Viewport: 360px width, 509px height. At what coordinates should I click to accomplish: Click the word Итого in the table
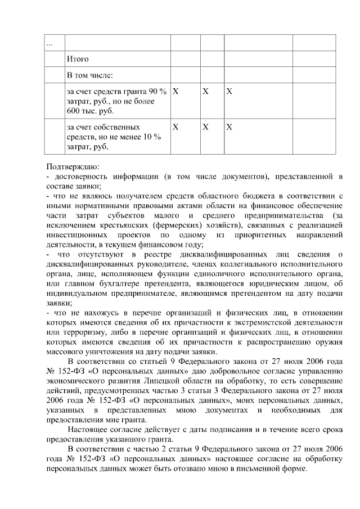[x=78, y=58]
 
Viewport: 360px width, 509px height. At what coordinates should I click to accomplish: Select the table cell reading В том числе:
[x=89, y=75]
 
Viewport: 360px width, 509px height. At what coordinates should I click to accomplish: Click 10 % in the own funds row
[x=152, y=137]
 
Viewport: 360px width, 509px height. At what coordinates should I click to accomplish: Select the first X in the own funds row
[x=175, y=127]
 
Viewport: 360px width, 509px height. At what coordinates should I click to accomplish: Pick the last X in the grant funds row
[x=229, y=91]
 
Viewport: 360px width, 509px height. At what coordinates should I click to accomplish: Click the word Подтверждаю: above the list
[x=73, y=167]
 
